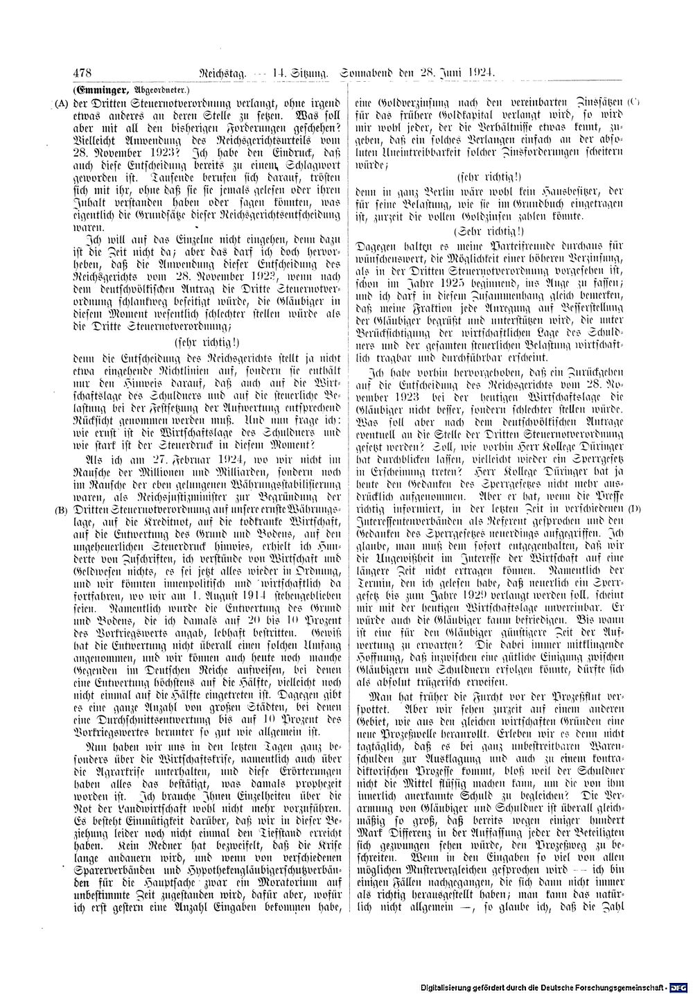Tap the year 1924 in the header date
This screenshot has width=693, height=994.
pos(480,73)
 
